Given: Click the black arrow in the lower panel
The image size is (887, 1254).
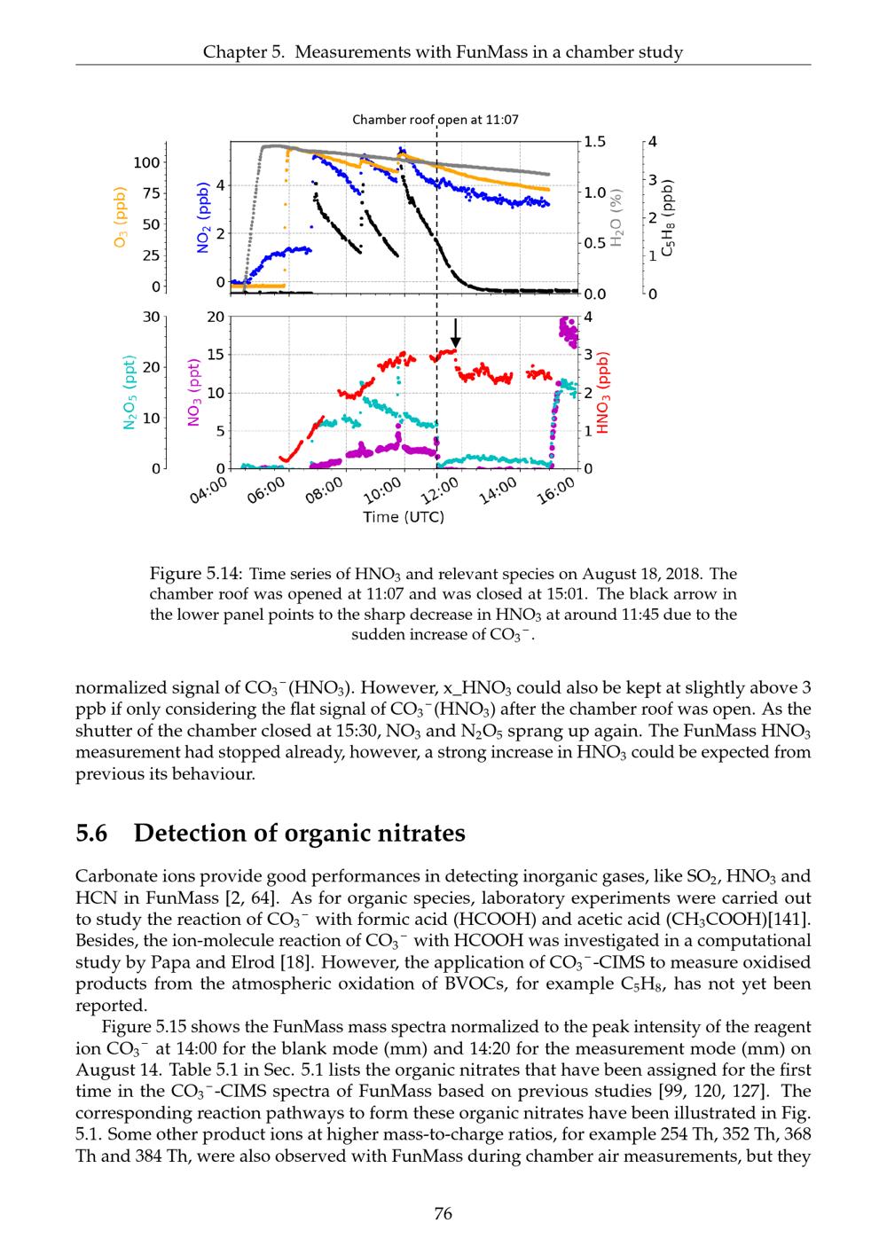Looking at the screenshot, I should [x=455, y=333].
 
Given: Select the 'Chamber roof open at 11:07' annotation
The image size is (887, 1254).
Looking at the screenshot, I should [x=436, y=119].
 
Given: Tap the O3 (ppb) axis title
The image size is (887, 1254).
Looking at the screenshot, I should [x=122, y=216].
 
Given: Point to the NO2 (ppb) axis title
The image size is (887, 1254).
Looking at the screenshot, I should [x=202, y=218].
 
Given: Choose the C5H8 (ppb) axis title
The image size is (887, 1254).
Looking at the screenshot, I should [x=671, y=219].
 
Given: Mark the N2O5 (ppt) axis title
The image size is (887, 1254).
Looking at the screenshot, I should [x=130, y=391].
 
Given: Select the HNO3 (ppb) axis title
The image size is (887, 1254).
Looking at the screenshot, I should [x=603, y=392].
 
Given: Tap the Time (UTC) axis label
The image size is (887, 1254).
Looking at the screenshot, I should [x=404, y=517].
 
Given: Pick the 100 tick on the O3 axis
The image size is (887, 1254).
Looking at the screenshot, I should [x=146, y=162].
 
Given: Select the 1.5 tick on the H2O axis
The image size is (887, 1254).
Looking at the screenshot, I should [x=595, y=142].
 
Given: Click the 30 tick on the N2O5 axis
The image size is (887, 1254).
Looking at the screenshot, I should [x=151, y=317].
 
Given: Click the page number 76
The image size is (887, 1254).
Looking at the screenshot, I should [x=443, y=1213].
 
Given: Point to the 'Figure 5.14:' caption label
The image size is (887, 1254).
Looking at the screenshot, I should [x=192, y=574].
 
